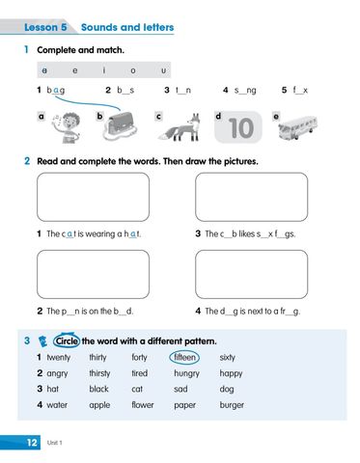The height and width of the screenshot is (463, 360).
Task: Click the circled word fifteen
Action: tap(185, 357)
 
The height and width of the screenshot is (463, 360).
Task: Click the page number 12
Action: tap(31, 441)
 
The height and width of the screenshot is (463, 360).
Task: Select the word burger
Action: tap(232, 405)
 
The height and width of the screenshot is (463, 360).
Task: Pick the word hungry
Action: tap(186, 373)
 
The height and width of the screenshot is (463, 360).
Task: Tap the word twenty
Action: tap(59, 357)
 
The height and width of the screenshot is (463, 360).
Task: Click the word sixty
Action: tap(227, 357)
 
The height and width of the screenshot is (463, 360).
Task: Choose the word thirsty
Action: tap(99, 373)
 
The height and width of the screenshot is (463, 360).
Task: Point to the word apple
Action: tap(99, 405)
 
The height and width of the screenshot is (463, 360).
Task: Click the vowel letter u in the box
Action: tap(163, 70)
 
